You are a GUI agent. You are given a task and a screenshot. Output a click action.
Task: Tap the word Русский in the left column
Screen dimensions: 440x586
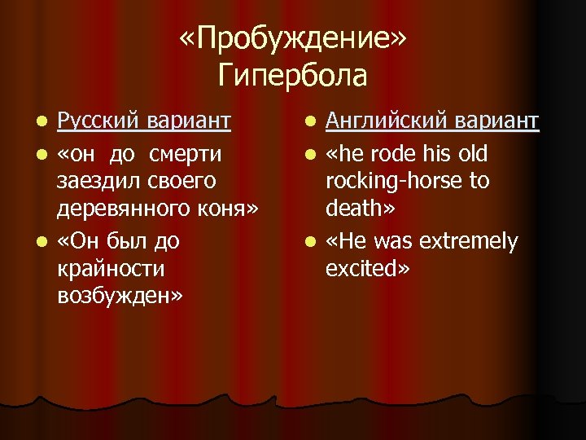tap(98, 122)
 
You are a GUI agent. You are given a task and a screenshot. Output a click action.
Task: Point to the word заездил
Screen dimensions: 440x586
tap(97, 180)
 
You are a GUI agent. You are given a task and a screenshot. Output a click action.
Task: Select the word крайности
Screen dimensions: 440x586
tap(111, 269)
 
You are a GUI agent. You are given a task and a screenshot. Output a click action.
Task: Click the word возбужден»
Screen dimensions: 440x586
tap(120, 296)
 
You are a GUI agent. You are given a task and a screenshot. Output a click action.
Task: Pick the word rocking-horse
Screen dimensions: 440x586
tap(391, 181)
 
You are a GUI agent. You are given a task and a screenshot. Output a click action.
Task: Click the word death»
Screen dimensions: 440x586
tap(359, 209)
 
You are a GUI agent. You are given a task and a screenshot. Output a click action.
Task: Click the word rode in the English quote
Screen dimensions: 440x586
tap(378, 152)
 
